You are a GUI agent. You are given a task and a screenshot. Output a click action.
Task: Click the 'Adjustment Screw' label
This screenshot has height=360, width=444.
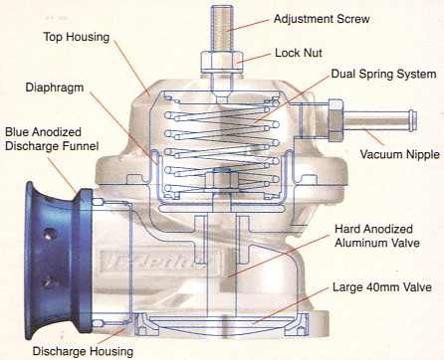(x=322, y=19)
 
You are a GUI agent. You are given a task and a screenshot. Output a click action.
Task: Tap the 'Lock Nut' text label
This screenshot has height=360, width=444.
(x=299, y=53)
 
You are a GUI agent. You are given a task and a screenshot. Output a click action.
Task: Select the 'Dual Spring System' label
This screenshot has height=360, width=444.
(x=383, y=74)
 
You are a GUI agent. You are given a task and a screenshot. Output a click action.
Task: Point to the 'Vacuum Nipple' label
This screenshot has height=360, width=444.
(x=400, y=154)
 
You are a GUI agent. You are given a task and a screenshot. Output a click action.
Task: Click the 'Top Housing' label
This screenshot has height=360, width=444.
(x=77, y=37)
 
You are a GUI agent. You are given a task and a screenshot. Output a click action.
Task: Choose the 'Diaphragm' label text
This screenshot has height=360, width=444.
(x=55, y=88)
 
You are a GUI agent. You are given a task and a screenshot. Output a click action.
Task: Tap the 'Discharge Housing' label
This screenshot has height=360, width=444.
(x=83, y=351)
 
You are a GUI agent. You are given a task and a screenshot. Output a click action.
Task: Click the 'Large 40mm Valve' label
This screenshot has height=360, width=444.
(x=382, y=287)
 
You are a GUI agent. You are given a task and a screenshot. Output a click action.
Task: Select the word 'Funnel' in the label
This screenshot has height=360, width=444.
(x=80, y=146)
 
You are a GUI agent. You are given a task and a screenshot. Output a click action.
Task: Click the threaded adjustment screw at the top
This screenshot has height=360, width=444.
(x=223, y=28)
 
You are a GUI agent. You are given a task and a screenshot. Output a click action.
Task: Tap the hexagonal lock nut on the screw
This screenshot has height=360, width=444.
(x=222, y=62)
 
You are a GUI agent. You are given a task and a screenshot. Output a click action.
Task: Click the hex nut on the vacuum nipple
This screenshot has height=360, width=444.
(x=335, y=119)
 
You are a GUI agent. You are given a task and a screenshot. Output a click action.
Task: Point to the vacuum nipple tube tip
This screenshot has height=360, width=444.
(x=413, y=119)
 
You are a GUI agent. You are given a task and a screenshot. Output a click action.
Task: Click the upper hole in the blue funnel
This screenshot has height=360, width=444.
(x=49, y=234)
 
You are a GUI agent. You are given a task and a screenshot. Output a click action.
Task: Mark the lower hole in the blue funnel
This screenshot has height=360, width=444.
(x=49, y=282)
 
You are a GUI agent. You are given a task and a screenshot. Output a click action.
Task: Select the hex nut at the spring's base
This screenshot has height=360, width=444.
(x=222, y=180)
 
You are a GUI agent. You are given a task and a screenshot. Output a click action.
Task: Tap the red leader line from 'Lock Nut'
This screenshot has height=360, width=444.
(x=255, y=58)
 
